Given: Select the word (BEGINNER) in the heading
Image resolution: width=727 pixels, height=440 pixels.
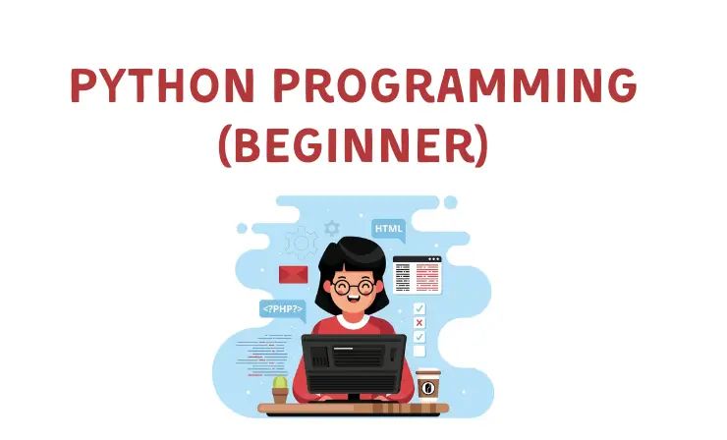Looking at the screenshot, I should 352,147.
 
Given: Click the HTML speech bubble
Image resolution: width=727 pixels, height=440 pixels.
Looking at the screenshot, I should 387,229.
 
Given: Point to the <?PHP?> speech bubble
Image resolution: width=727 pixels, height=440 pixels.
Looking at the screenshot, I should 282,308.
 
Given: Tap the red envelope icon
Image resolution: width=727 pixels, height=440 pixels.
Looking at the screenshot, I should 293,274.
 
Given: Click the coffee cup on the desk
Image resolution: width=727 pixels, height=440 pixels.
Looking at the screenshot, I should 427,384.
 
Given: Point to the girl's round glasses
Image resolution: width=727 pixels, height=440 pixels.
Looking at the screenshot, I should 354,288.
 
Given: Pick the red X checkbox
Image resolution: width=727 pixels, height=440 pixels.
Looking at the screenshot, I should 419,322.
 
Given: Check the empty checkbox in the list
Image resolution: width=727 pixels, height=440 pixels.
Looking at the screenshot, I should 419,350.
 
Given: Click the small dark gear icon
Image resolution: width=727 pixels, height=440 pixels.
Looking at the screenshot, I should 332,227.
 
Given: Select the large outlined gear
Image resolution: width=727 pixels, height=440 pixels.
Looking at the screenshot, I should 301,243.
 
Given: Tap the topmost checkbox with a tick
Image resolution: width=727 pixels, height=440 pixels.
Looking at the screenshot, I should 419,307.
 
